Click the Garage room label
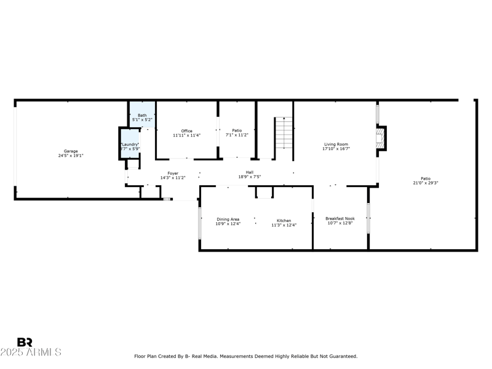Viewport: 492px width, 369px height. (x=71, y=151)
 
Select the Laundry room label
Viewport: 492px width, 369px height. (x=129, y=145)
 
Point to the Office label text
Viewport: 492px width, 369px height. (x=187, y=131)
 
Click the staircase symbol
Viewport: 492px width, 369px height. (x=284, y=133)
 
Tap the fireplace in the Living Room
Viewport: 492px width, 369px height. (x=382, y=138)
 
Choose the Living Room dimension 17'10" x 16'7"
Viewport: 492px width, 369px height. (x=336, y=149)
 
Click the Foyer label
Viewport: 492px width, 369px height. (x=173, y=173)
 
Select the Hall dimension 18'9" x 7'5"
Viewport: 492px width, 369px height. (x=250, y=177)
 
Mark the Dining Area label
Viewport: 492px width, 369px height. (x=228, y=219)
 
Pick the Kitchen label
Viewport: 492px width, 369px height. (x=284, y=221)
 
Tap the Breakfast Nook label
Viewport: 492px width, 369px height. (x=340, y=218)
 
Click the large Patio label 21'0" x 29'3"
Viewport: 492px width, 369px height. (x=426, y=183)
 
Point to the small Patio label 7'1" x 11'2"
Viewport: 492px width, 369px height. (x=237, y=135)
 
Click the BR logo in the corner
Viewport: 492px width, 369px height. (x=25, y=343)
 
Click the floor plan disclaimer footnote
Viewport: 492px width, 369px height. (x=245, y=356)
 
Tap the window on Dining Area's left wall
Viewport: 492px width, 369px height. (x=199, y=222)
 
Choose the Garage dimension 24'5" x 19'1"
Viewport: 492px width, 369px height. (x=71, y=156)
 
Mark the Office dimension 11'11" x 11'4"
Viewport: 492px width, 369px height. (x=187, y=135)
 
